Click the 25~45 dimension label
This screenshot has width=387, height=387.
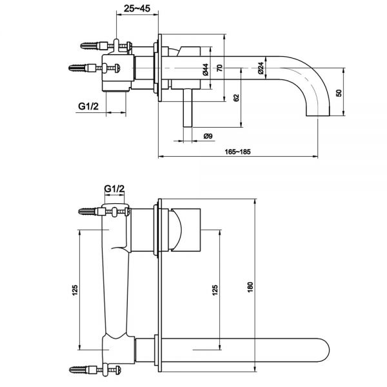(x=137, y=8)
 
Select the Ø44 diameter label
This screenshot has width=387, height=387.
(x=205, y=70)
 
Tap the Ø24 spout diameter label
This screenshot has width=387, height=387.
(x=261, y=68)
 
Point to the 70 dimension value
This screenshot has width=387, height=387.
(x=219, y=68)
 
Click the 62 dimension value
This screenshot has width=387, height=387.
(x=236, y=98)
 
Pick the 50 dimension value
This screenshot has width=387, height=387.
(x=339, y=93)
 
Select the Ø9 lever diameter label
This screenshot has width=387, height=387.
(x=208, y=136)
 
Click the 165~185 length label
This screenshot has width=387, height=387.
(x=237, y=152)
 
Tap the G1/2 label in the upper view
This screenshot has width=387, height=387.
(x=88, y=106)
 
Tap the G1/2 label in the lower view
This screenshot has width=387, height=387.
(x=114, y=189)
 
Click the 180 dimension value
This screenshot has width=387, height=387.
(x=250, y=287)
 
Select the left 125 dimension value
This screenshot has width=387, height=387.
(x=75, y=290)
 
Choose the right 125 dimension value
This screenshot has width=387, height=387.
(x=215, y=290)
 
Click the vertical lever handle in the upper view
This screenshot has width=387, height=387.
(x=188, y=108)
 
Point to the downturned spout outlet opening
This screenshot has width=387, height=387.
(x=318, y=115)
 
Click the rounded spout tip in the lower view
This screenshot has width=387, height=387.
(x=325, y=350)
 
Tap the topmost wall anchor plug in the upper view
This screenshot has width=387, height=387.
(x=90, y=46)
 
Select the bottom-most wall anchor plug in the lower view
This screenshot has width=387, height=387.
(x=78, y=370)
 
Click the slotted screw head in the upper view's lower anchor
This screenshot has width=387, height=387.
(x=117, y=68)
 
